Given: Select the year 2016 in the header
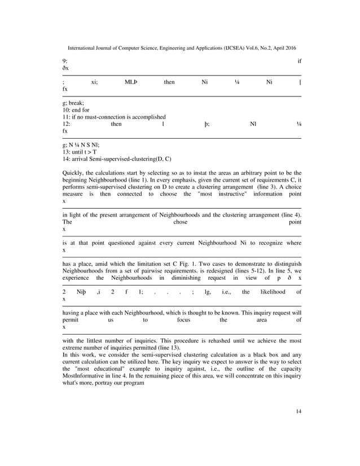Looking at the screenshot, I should click(289, 49).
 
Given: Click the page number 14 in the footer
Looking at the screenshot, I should click(298, 411).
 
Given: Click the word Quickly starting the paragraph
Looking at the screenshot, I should click(73, 173).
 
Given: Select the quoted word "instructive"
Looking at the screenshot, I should click(222, 194).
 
